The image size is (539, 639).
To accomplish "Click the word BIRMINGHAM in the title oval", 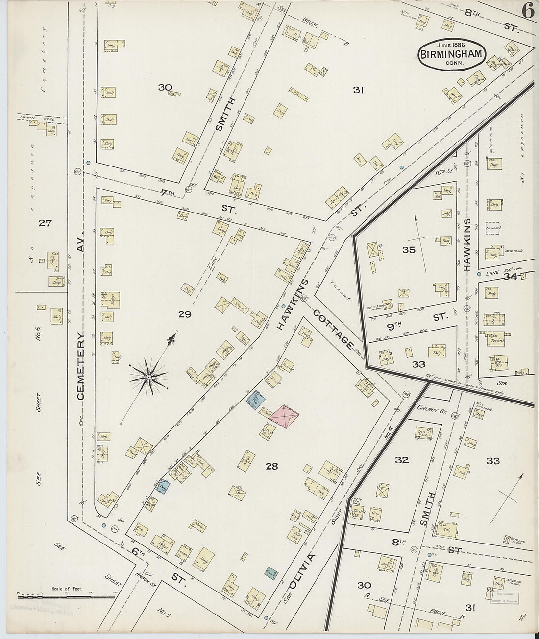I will click(452, 54).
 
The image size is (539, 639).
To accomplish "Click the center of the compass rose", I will click(148, 377).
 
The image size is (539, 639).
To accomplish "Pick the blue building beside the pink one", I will click(255, 400).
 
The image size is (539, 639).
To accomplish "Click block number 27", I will click(45, 224).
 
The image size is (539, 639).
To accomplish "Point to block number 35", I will click(408, 250).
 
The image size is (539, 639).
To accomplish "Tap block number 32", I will click(402, 460).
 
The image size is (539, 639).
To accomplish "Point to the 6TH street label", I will click(139, 551).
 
